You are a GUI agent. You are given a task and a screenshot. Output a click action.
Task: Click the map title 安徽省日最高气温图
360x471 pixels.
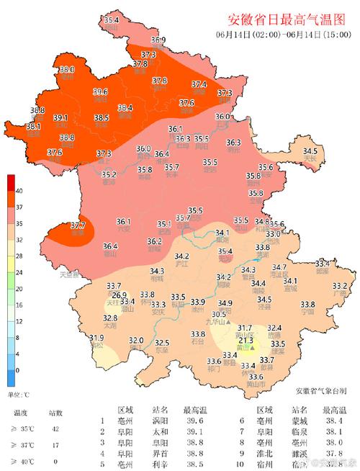[x=287, y=19]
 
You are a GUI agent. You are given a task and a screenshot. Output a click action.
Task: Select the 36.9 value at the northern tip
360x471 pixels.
[x=158, y=40]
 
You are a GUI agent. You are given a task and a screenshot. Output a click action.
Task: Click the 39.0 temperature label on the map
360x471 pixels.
[x=67, y=70]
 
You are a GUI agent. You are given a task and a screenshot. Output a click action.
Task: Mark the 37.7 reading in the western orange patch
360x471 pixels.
[x=78, y=225]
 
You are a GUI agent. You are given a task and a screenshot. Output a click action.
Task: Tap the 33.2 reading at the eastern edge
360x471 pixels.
[x=339, y=286]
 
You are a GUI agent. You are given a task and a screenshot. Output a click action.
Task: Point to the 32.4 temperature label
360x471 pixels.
[x=274, y=328]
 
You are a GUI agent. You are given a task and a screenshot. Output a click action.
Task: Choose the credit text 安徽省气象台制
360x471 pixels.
[x=320, y=390]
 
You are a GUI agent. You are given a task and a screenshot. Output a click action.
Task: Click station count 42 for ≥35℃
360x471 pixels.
[x=55, y=428]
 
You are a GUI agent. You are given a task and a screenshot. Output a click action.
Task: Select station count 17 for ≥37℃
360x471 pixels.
[x=55, y=444]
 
